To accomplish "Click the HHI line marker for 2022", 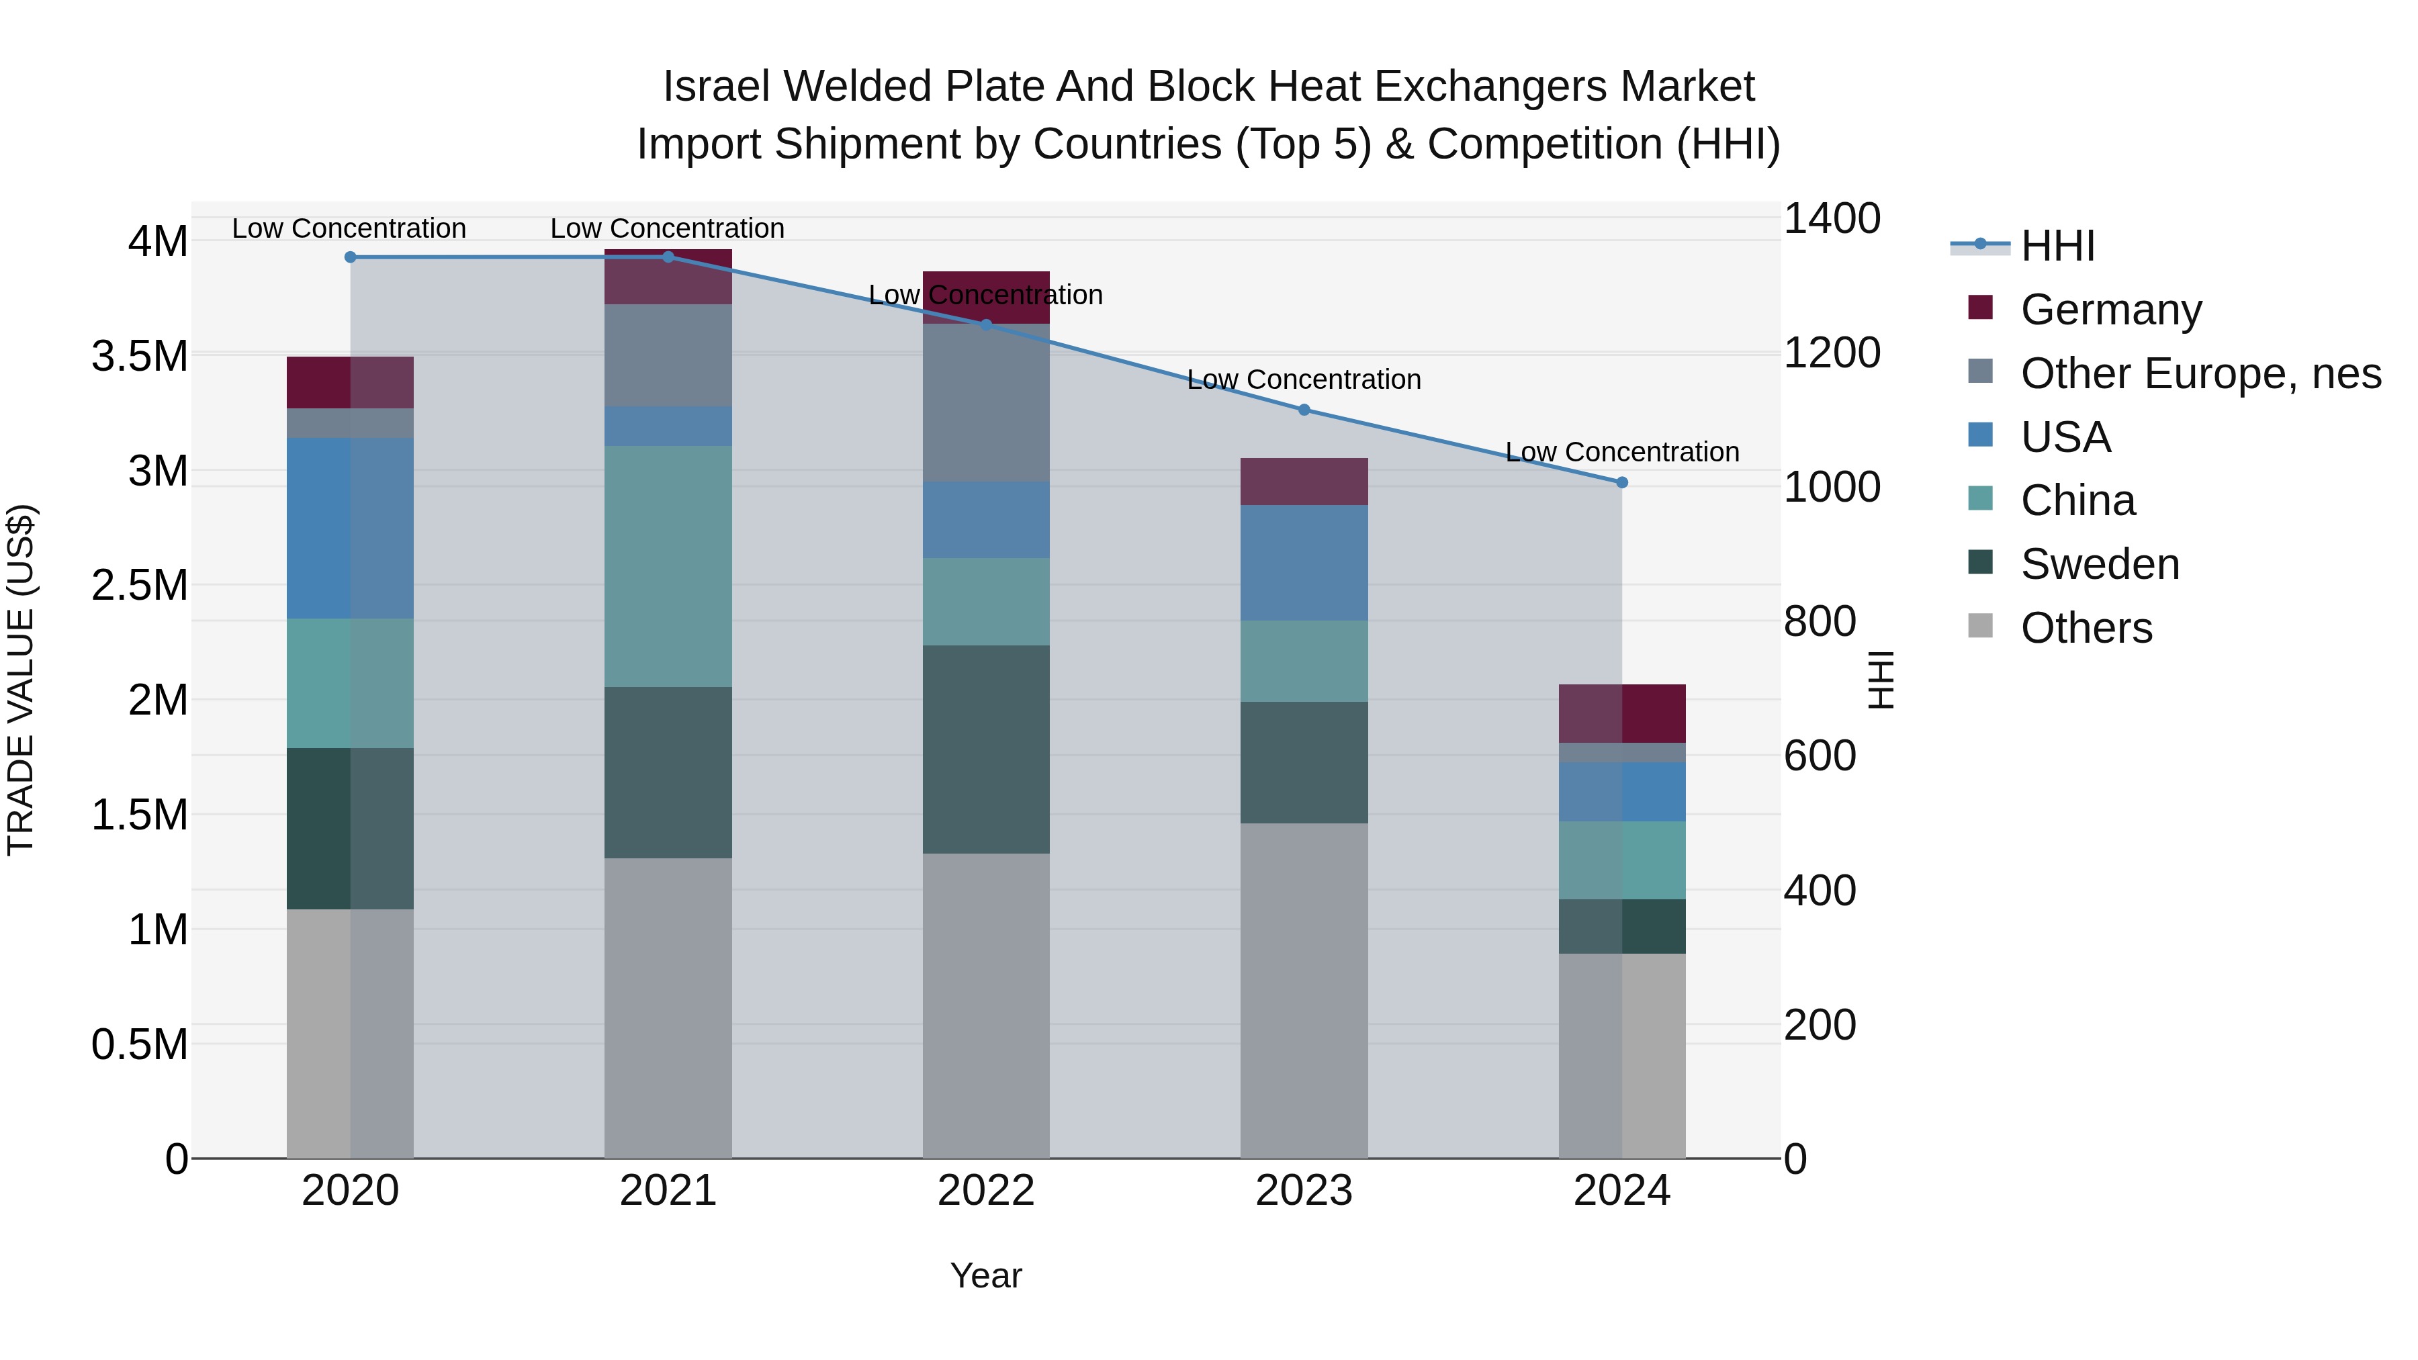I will point(985,325).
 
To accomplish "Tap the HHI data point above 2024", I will point(1622,482).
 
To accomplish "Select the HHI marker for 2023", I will point(1304,410).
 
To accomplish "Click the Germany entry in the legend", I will point(2111,310).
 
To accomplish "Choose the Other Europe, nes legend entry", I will point(2200,373).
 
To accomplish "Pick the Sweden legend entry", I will point(2100,564).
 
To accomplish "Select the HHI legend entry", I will point(2057,246).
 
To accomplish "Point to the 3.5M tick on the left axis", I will point(140,357).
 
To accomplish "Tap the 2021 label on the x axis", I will point(668,1191).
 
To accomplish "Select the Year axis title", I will point(985,1275).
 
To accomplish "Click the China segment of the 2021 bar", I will point(668,566).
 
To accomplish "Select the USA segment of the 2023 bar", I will point(1304,563).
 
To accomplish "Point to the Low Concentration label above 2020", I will point(349,228).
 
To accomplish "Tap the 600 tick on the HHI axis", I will point(1819,756).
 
